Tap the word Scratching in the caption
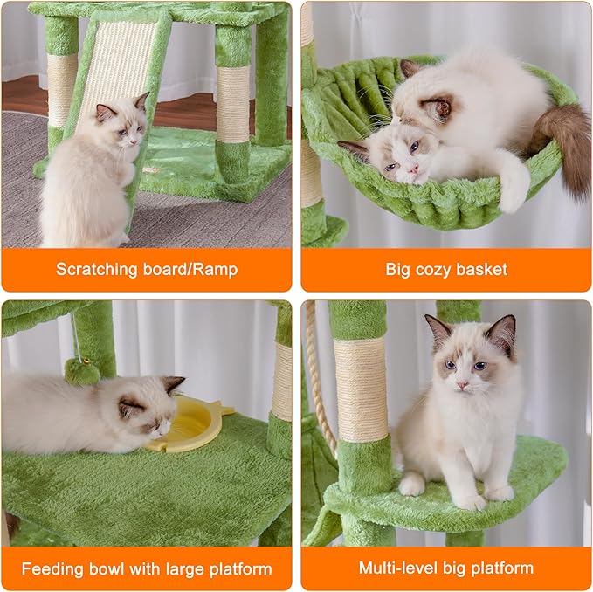(96, 269)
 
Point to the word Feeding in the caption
(52, 569)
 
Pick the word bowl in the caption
(108, 569)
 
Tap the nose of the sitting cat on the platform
(461, 383)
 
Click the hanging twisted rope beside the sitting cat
(320, 384)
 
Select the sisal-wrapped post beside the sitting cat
(360, 389)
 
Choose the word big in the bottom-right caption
(459, 568)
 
